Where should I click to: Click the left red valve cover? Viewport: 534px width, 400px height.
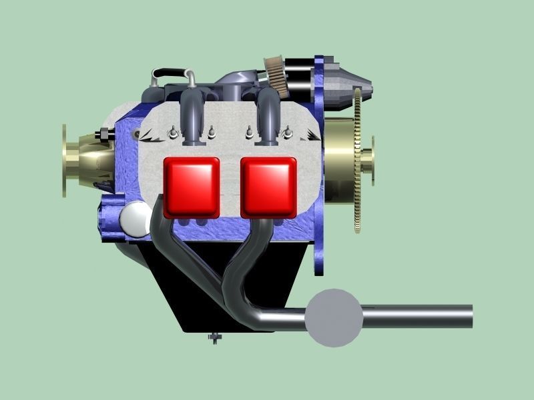(192, 187)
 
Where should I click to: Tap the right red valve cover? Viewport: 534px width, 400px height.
(268, 187)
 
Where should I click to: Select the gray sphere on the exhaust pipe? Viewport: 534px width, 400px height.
(334, 318)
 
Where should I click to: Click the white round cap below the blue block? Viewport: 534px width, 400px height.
(136, 219)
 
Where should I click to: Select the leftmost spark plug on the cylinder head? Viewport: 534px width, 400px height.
(172, 133)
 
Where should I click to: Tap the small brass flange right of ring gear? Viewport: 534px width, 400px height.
(369, 160)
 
